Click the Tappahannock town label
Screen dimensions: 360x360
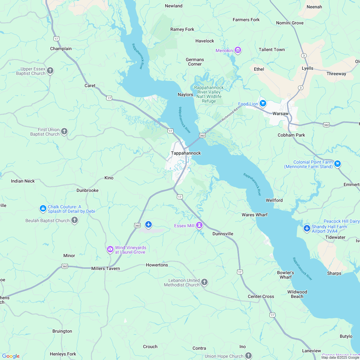[186, 153]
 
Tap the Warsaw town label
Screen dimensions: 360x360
[280, 114]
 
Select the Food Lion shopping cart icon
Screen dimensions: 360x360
[263, 103]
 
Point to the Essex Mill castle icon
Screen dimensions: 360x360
[200, 225]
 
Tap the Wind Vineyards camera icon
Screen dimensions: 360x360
[110, 249]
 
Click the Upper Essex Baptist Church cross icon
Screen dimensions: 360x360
[50, 70]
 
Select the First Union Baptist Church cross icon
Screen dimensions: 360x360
[64, 131]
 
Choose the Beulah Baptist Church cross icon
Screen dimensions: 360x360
[75, 220]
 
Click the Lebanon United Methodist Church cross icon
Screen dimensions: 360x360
[204, 282]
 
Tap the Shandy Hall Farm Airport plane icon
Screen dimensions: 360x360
[307, 228]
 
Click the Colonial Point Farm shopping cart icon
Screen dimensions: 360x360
[337, 164]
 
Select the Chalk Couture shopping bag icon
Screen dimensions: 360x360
[43, 209]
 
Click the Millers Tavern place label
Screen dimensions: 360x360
[105, 268]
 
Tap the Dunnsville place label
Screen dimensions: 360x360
[223, 234]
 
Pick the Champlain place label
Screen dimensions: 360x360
[61, 49]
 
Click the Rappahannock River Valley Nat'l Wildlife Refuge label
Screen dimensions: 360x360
[209, 94]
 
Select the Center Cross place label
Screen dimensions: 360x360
[261, 296]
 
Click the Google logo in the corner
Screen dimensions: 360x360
[11, 356]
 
